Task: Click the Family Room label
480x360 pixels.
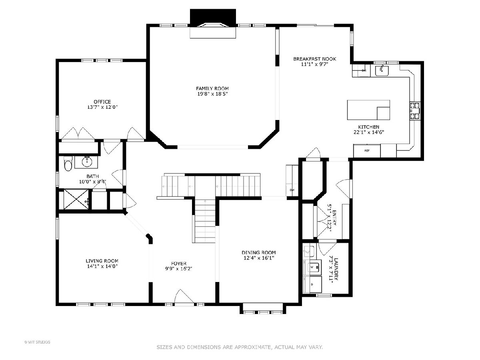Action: pos(212,88)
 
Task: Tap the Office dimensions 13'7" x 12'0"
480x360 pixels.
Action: pos(102,107)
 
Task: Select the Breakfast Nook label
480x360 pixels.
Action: pos(314,59)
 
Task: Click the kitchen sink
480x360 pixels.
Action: pos(382,70)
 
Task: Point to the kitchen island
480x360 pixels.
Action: pos(368,110)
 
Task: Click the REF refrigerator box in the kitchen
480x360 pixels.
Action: pos(367,151)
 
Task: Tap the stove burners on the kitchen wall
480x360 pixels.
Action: pos(415,111)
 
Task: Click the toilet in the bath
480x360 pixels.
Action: pos(68,164)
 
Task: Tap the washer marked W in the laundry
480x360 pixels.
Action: pos(314,267)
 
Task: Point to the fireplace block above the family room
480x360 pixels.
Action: pos(213,18)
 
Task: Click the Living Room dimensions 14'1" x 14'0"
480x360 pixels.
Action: pos(102,266)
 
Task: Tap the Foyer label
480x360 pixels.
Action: pos(179,263)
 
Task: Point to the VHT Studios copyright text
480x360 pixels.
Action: pos(37,342)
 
